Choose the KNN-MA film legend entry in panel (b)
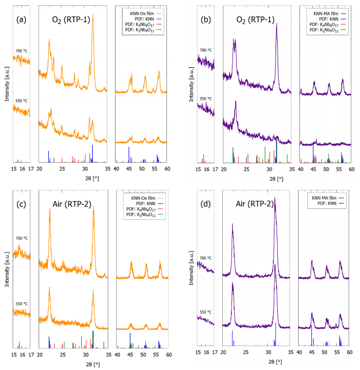[x=322, y=12]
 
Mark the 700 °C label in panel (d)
[x=205, y=258]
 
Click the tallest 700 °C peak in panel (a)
[x=93, y=17]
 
